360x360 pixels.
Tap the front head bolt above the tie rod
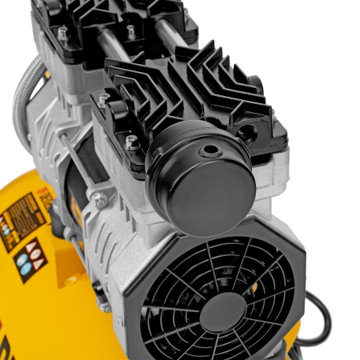point(103,100)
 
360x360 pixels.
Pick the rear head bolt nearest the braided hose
point(62,33)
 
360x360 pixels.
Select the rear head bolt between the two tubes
point(131,31)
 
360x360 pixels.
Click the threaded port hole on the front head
point(244,131)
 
